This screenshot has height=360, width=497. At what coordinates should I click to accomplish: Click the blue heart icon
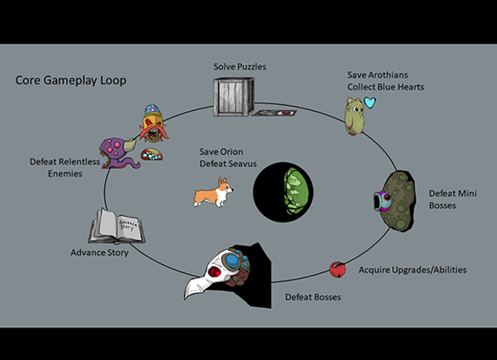pos(369,103)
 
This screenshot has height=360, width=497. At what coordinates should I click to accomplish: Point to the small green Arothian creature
pos(355,116)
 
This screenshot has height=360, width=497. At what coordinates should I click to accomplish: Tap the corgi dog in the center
pos(213,194)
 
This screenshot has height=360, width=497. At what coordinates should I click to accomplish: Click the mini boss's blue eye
pos(380,199)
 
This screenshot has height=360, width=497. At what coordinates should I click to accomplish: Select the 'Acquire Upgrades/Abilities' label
pos(412,270)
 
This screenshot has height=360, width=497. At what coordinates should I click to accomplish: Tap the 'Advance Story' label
pos(99,252)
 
